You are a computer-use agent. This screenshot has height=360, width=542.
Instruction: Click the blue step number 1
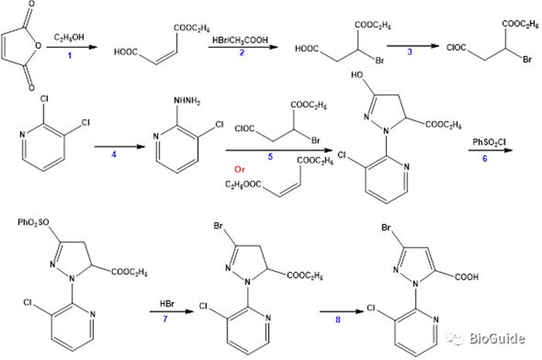click(x=70, y=55)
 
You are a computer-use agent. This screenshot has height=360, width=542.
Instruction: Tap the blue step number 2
click(x=242, y=53)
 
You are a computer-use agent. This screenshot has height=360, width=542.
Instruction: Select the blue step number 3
click(x=410, y=52)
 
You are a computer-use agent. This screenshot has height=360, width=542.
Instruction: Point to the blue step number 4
click(x=114, y=154)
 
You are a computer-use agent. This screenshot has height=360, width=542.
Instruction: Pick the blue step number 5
click(x=270, y=157)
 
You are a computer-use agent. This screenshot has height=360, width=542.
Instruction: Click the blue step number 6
click(x=485, y=158)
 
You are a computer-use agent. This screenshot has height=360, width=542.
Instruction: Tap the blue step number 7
click(x=165, y=318)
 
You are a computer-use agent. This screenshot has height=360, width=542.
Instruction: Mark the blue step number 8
click(x=338, y=320)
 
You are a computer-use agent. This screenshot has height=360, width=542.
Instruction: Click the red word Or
click(x=239, y=170)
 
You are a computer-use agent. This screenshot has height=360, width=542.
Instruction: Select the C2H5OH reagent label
click(x=69, y=37)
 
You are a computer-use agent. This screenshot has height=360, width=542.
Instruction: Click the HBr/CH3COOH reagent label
click(x=240, y=40)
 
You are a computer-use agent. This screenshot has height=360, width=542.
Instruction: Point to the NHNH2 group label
click(x=187, y=101)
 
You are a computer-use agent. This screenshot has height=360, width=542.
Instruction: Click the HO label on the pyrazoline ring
click(x=357, y=74)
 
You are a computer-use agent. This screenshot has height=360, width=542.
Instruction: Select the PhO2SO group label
click(x=33, y=222)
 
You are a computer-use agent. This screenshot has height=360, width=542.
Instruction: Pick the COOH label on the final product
click(x=467, y=276)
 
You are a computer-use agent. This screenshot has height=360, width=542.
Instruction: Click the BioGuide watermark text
click(x=496, y=338)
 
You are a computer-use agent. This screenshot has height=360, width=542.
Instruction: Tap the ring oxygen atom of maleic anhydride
click(x=38, y=45)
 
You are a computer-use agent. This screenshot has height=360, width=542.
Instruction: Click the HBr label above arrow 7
click(x=167, y=304)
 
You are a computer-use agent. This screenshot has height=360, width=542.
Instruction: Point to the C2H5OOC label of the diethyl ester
click(x=243, y=185)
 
